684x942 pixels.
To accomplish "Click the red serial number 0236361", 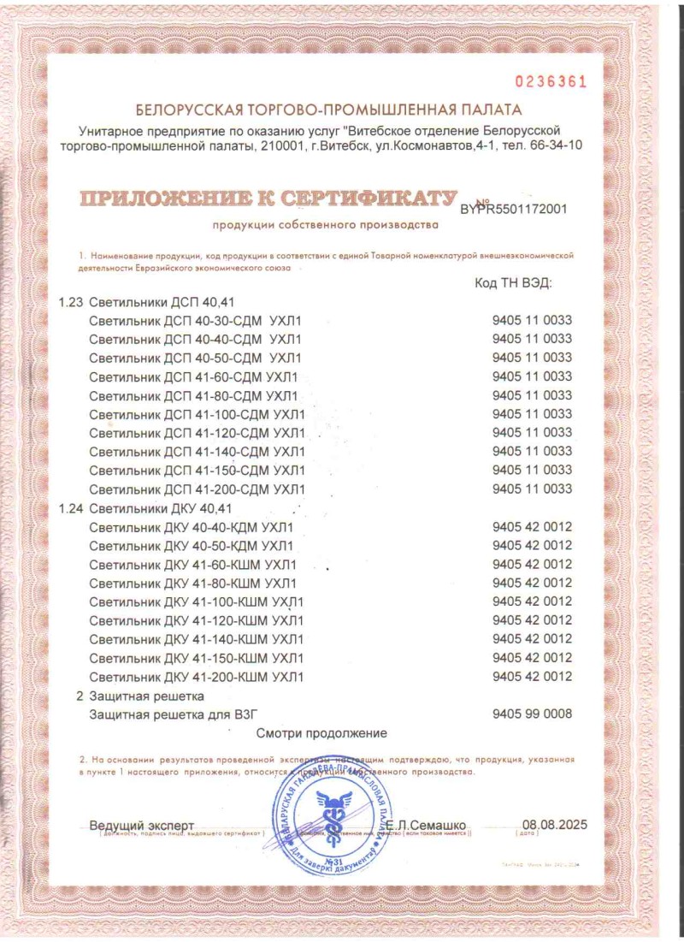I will click(551, 82).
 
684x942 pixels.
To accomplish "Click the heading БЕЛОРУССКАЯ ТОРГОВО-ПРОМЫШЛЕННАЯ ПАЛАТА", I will click(327, 110).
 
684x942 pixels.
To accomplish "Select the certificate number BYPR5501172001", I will click(513, 208).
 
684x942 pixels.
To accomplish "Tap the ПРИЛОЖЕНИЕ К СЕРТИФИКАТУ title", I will click(266, 199).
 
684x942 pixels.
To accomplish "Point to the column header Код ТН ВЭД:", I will click(513, 283).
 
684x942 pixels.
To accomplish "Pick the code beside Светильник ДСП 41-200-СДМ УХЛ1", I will click(532, 489).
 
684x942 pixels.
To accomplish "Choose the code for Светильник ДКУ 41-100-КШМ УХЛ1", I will click(532, 601).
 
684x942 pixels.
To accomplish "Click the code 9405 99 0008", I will click(532, 714).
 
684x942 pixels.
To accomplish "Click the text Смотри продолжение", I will click(321, 733).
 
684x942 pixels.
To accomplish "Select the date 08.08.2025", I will click(555, 826).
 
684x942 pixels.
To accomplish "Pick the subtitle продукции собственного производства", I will click(325, 226).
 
